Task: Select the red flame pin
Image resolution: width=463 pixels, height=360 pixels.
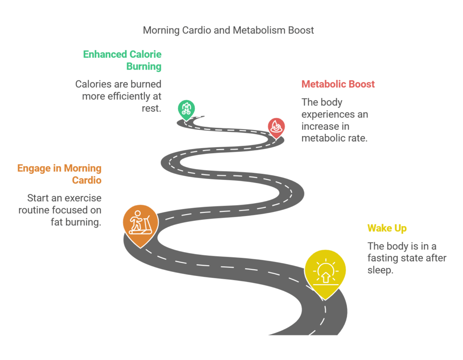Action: [276, 127]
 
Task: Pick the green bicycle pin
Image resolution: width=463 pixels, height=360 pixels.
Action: [186, 110]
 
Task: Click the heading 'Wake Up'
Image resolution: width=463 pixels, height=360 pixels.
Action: [387, 228]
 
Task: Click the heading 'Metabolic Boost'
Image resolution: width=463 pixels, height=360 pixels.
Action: [338, 84]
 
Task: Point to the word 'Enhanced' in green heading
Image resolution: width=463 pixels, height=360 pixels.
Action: [105, 54]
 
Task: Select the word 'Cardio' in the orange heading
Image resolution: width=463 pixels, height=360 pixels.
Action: [86, 180]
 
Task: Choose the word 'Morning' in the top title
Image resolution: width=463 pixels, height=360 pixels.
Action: [161, 30]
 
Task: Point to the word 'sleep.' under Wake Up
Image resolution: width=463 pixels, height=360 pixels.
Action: [380, 270]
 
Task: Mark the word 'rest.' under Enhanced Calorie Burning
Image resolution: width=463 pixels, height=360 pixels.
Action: [151, 108]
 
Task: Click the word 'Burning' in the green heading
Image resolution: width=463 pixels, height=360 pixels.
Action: [144, 66]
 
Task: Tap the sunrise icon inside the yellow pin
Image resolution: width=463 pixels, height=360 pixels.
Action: [326, 272]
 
